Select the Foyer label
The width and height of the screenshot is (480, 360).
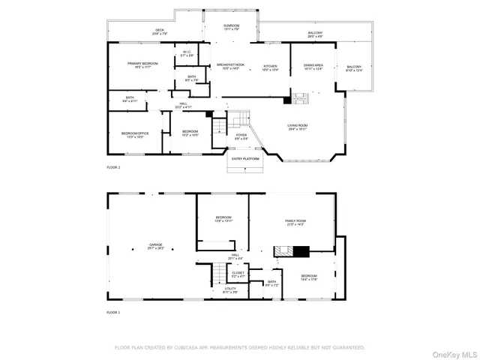pyautogui.click(x=241, y=136)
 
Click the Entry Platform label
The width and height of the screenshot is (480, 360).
pyautogui.click(x=245, y=159)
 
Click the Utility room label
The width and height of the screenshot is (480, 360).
pyautogui.click(x=231, y=290)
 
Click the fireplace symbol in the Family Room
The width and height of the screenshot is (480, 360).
pyautogui.click(x=301, y=253)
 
